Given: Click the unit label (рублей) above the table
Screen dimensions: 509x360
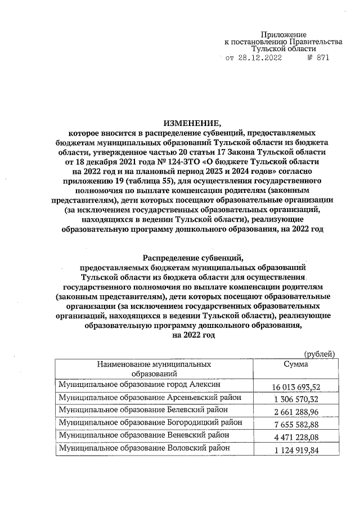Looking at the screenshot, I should pyautogui.click(x=319, y=353).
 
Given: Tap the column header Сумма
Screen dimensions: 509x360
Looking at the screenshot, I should pyautogui.click(x=296, y=364).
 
